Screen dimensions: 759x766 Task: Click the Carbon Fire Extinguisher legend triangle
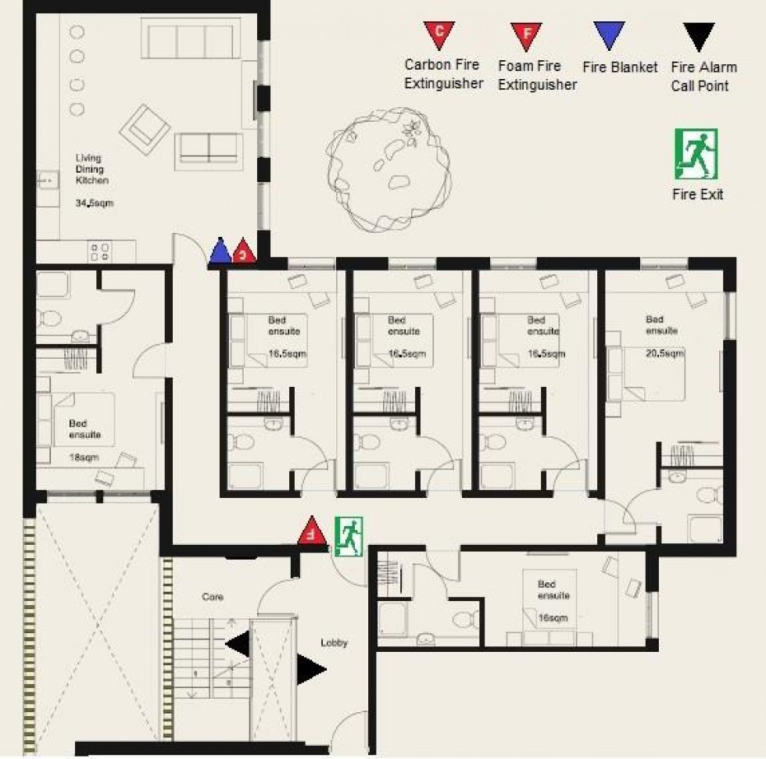coord(439,34)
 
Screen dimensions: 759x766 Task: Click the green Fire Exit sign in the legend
coord(696,154)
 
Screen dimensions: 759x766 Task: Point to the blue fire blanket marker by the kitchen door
coord(221,252)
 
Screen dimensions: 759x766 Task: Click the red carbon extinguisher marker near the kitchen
coord(245,251)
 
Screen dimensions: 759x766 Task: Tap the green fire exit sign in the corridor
coord(349,537)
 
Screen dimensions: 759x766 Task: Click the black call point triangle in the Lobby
coord(310,669)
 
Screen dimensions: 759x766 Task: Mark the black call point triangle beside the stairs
coord(239,644)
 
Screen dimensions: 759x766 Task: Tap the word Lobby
coord(334,643)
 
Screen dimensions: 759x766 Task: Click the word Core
coord(213,597)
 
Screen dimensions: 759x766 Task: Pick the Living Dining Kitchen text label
coord(91,169)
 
